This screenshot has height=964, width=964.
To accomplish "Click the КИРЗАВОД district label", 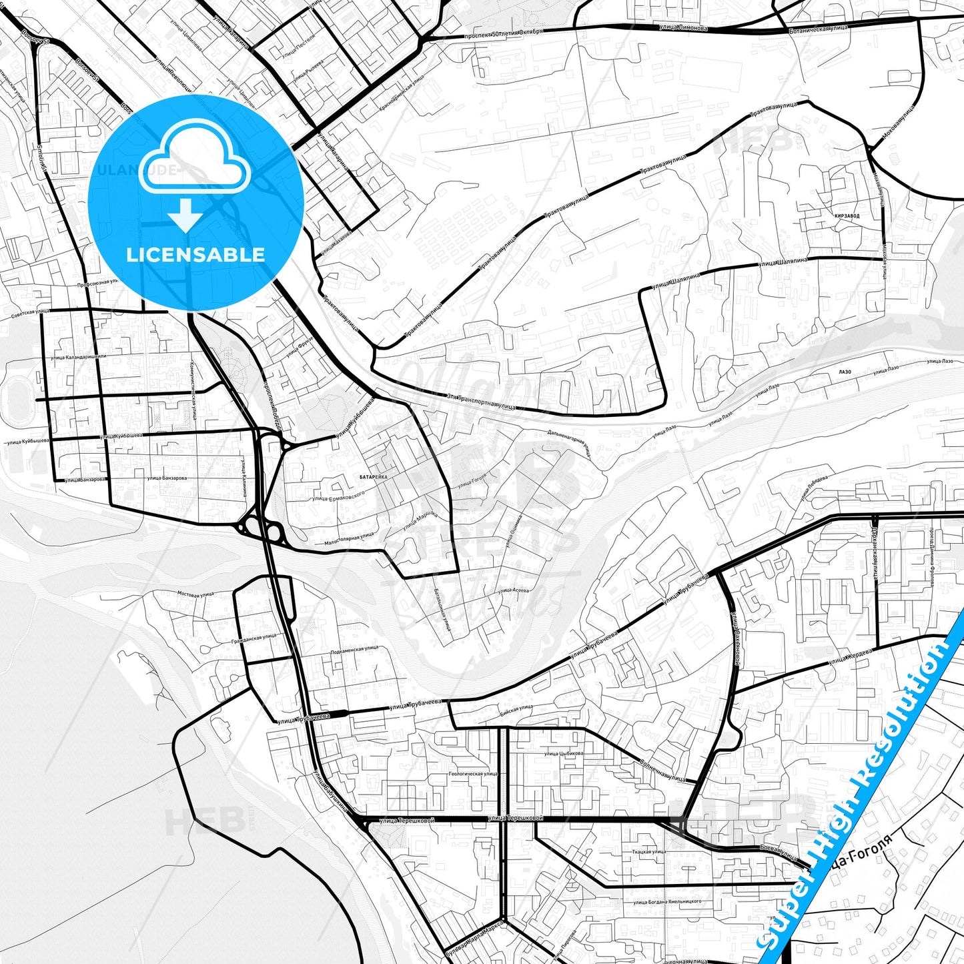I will point(846,217).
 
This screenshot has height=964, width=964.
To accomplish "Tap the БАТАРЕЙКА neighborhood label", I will point(374,478).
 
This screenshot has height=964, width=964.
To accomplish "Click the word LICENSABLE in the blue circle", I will point(195,255).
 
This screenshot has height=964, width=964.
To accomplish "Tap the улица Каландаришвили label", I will point(78,358).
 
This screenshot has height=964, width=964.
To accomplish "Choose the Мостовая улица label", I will point(195,593).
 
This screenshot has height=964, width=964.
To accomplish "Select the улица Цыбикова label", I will point(564,753).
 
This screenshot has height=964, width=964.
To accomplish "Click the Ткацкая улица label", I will point(648,852).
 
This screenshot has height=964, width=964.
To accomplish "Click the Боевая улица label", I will point(779,853).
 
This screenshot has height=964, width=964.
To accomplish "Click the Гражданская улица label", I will point(258,637).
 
